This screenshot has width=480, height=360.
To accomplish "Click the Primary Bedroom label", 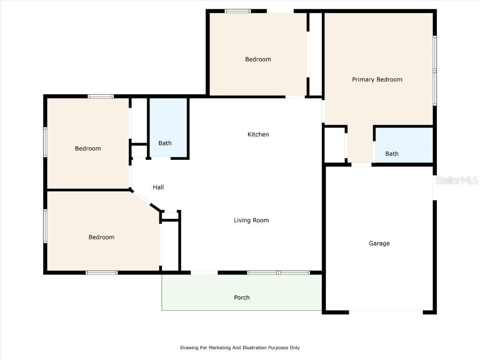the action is [377, 80].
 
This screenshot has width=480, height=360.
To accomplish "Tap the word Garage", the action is [379, 243].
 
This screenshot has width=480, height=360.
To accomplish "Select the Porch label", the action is [242, 298].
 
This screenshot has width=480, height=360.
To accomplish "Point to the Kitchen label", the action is [258, 135].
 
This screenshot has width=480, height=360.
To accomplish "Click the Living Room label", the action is [251, 220].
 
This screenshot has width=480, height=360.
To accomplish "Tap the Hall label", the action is [158, 187].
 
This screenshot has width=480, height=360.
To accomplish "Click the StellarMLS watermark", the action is [457, 180].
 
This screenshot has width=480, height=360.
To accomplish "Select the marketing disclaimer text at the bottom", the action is [240, 347].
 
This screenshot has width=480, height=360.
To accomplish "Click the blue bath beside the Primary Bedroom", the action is [404, 145].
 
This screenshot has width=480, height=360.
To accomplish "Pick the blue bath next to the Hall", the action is [168, 127].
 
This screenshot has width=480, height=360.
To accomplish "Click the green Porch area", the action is [242, 292].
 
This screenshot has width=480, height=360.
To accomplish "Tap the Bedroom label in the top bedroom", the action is [258, 60].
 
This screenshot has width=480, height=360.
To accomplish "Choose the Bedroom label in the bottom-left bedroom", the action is [101, 237].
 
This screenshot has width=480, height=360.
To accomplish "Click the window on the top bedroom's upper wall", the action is [238, 11].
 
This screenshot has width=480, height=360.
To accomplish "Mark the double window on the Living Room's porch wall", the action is [278, 272].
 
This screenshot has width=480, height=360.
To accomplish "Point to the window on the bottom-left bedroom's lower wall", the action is [102, 272].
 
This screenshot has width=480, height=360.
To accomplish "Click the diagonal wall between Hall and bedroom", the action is [146, 201].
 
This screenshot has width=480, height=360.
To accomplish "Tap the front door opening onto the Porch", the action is [204, 272].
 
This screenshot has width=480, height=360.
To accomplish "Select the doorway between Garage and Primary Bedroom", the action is [361, 165].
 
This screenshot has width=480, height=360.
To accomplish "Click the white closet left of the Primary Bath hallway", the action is [335, 145].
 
